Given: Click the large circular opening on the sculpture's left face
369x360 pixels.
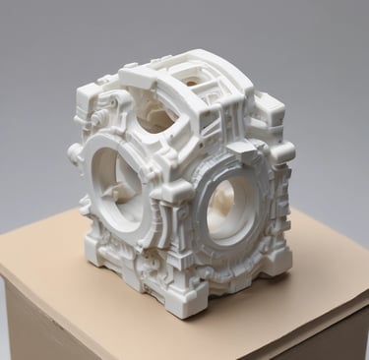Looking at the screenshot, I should pyautogui.click(x=115, y=182).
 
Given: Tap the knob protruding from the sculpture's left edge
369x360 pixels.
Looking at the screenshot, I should pyautogui.click(x=74, y=152).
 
